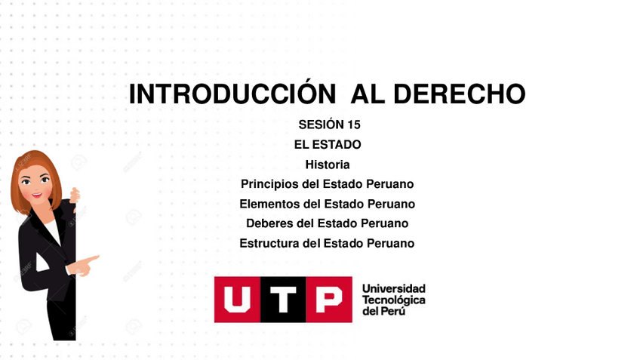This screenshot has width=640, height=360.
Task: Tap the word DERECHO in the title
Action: point(459,94)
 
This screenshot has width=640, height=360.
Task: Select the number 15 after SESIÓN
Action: point(354,125)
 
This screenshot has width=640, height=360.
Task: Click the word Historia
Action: point(328,165)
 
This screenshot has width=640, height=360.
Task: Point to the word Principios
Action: point(269,184)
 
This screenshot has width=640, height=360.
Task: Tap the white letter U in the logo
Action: point(237,300)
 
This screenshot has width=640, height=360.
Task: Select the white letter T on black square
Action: point(283,300)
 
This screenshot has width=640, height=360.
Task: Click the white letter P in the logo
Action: point(329,300)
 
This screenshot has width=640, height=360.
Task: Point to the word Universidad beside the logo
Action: point(393,288)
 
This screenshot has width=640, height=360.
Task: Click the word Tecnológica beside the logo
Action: point(393,300)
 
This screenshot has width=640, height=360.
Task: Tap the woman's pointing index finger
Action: point(92,259)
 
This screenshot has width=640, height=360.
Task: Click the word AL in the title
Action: point(368,94)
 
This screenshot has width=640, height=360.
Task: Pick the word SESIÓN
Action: point(321,125)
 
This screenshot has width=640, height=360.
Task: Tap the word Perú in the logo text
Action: point(394,311)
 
